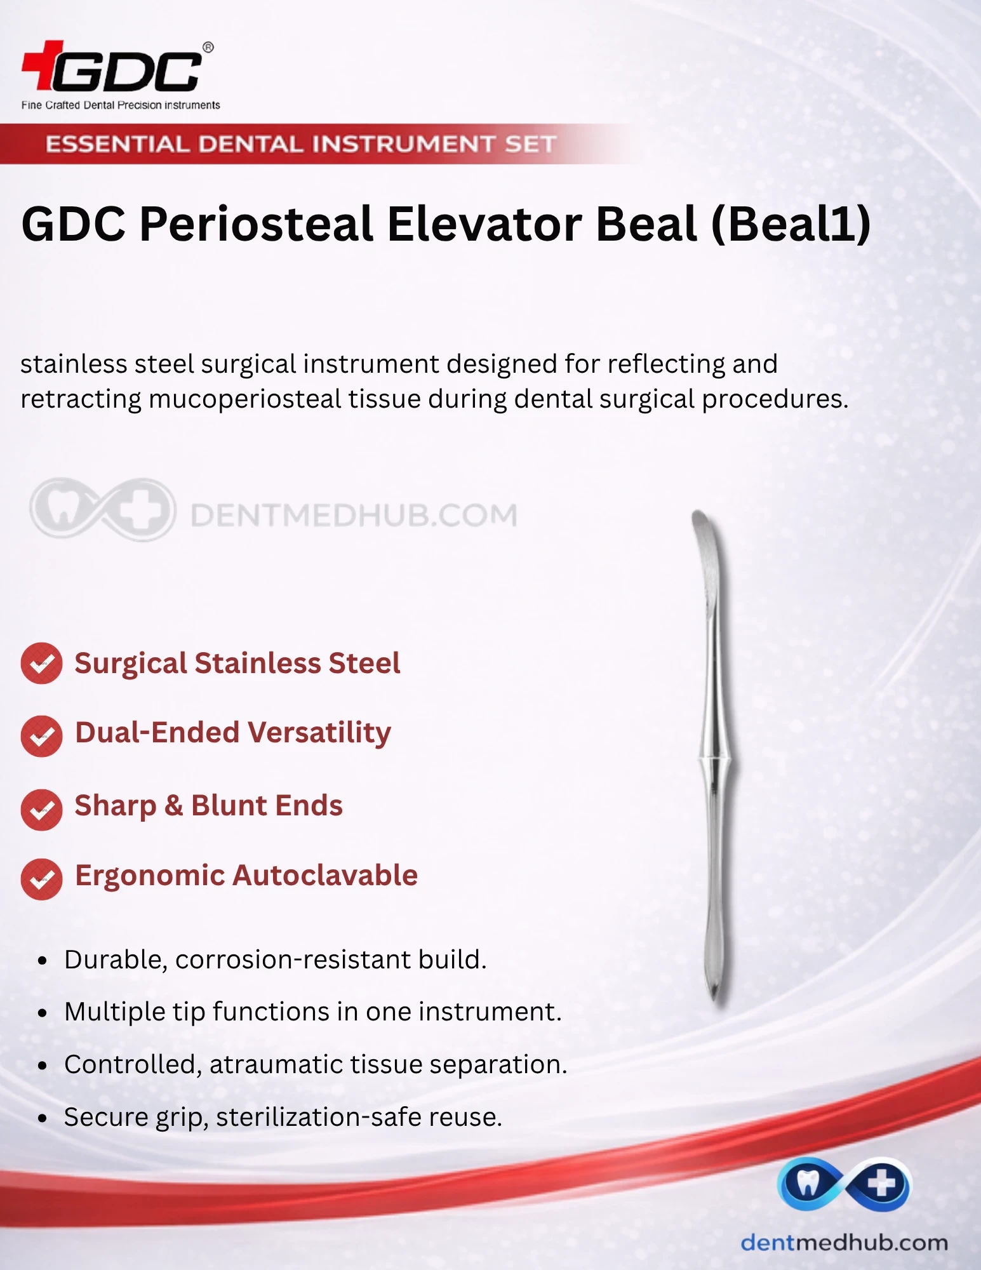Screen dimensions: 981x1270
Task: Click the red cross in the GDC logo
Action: pyautogui.click(x=43, y=65)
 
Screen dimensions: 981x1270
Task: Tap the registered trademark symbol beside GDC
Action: pyautogui.click(x=208, y=48)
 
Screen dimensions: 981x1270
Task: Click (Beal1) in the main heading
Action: pyautogui.click(x=791, y=224)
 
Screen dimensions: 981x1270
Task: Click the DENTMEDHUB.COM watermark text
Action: pyautogui.click(x=354, y=515)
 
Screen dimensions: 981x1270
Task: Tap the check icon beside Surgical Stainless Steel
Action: pyautogui.click(x=41, y=663)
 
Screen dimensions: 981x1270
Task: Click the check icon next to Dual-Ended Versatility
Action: pyautogui.click(x=41, y=736)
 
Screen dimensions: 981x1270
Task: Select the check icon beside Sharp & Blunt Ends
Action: pyautogui.click(x=41, y=810)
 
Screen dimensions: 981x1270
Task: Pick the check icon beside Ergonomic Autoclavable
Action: pyautogui.click(x=41, y=879)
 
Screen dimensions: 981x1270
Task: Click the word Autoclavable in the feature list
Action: pyautogui.click(x=325, y=875)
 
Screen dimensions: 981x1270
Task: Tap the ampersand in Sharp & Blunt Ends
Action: pyautogui.click(x=173, y=806)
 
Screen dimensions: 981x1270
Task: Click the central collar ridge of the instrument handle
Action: pyautogui.click(x=717, y=758)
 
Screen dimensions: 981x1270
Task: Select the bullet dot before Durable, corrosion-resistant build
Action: pyautogui.click(x=43, y=961)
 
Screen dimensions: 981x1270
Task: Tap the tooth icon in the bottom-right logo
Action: pyautogui.click(x=808, y=1183)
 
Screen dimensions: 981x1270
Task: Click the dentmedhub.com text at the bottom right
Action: pyautogui.click(x=844, y=1242)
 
